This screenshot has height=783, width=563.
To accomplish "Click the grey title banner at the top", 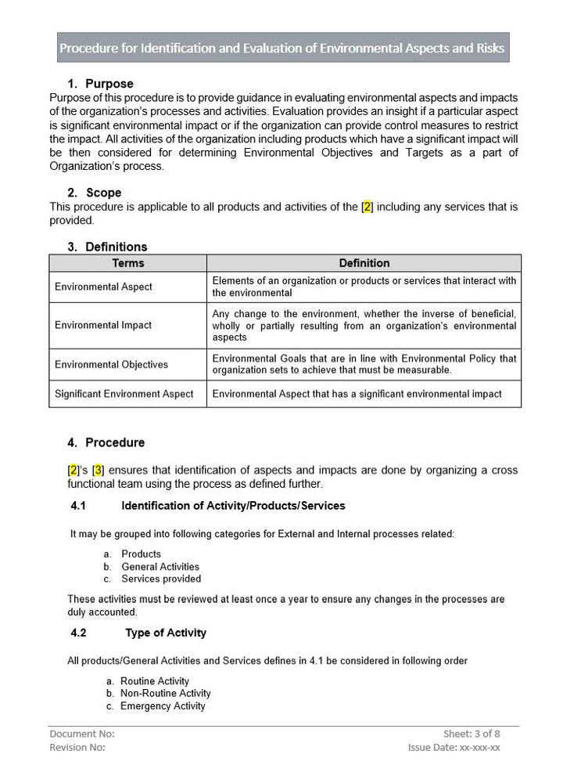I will click(x=282, y=48).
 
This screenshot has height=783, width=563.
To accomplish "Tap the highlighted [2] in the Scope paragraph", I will click(x=368, y=207).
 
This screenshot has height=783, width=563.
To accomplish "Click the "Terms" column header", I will click(x=128, y=263).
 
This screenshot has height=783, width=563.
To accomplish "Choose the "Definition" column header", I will click(x=364, y=263).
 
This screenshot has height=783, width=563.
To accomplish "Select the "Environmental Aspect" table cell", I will click(x=104, y=287).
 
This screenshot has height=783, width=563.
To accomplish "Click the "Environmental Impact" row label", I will click(x=103, y=325).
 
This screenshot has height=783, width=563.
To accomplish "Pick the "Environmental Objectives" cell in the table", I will click(x=111, y=365).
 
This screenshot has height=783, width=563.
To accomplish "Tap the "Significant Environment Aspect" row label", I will click(x=124, y=394).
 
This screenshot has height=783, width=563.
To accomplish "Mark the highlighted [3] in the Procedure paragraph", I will click(x=99, y=471).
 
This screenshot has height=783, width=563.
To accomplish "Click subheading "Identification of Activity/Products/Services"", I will click(x=233, y=506).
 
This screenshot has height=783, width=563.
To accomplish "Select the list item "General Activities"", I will click(x=160, y=567).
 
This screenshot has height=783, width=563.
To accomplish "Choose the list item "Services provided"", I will click(x=161, y=579).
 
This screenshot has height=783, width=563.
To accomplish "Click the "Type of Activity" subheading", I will click(x=166, y=633).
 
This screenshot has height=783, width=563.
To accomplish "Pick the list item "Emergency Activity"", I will click(x=163, y=706).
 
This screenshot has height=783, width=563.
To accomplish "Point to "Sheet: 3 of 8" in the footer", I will click(x=472, y=734).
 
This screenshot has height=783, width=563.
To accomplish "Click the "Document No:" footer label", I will click(x=82, y=734).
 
